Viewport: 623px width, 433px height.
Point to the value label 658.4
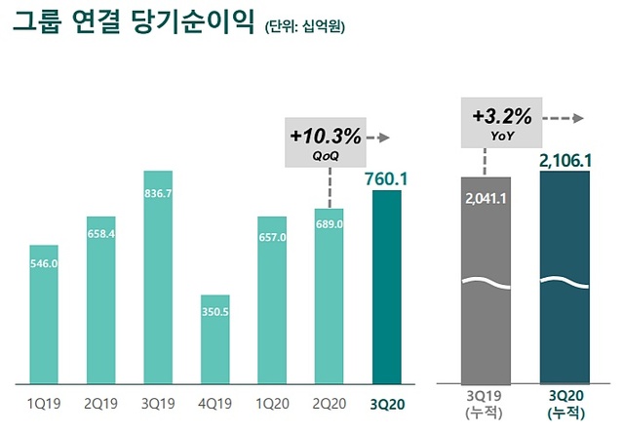(101, 233)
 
